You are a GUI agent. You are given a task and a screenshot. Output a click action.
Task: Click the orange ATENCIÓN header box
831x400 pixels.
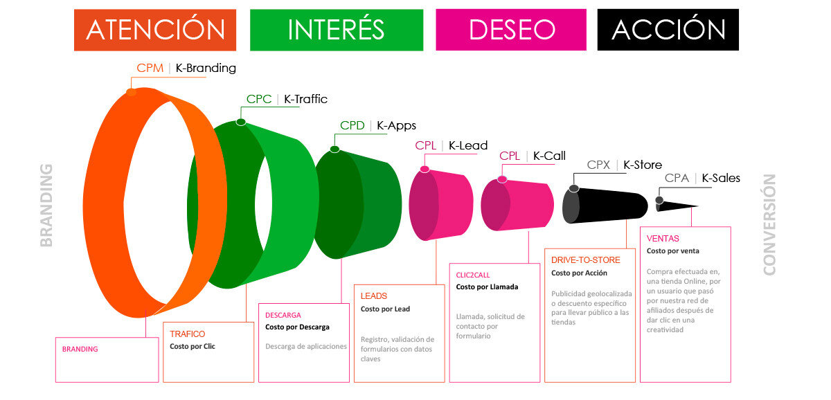tap(155, 30)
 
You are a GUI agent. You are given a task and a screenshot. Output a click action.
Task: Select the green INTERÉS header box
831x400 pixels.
tap(337, 30)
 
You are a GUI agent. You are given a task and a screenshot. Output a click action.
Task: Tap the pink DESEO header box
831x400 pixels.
tap(511, 30)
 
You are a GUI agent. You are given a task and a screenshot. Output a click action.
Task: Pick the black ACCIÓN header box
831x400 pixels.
tap(668, 30)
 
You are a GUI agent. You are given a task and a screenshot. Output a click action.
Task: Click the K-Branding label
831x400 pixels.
tap(206, 69)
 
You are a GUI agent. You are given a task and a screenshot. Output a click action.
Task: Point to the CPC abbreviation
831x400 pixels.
tap(259, 99)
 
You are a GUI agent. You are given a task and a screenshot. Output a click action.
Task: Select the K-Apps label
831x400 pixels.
tap(396, 126)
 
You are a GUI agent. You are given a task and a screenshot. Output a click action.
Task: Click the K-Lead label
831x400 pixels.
tap(468, 145)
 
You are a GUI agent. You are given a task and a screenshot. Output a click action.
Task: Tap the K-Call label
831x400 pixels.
tap(549, 156)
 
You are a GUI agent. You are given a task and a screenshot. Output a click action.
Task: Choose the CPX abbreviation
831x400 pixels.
tap(598, 165)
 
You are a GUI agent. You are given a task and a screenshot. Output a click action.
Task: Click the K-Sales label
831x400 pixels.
tap(721, 178)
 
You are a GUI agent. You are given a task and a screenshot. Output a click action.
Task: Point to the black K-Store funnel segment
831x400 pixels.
tap(605, 206)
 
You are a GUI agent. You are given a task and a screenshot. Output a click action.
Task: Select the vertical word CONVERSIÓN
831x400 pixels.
tap(769, 225)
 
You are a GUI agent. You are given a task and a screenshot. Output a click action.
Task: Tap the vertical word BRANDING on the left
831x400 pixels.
tap(46, 205)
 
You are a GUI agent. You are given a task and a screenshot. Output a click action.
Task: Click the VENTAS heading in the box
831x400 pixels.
tap(663, 238)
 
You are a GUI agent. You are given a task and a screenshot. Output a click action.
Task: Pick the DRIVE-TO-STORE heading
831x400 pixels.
tap(585, 260)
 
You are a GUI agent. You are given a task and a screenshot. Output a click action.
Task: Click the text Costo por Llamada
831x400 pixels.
tap(487, 287)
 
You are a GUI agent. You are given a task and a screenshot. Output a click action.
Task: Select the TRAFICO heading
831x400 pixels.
tap(188, 334)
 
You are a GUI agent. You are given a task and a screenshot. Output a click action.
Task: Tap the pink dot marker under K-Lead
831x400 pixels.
tap(425, 170)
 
